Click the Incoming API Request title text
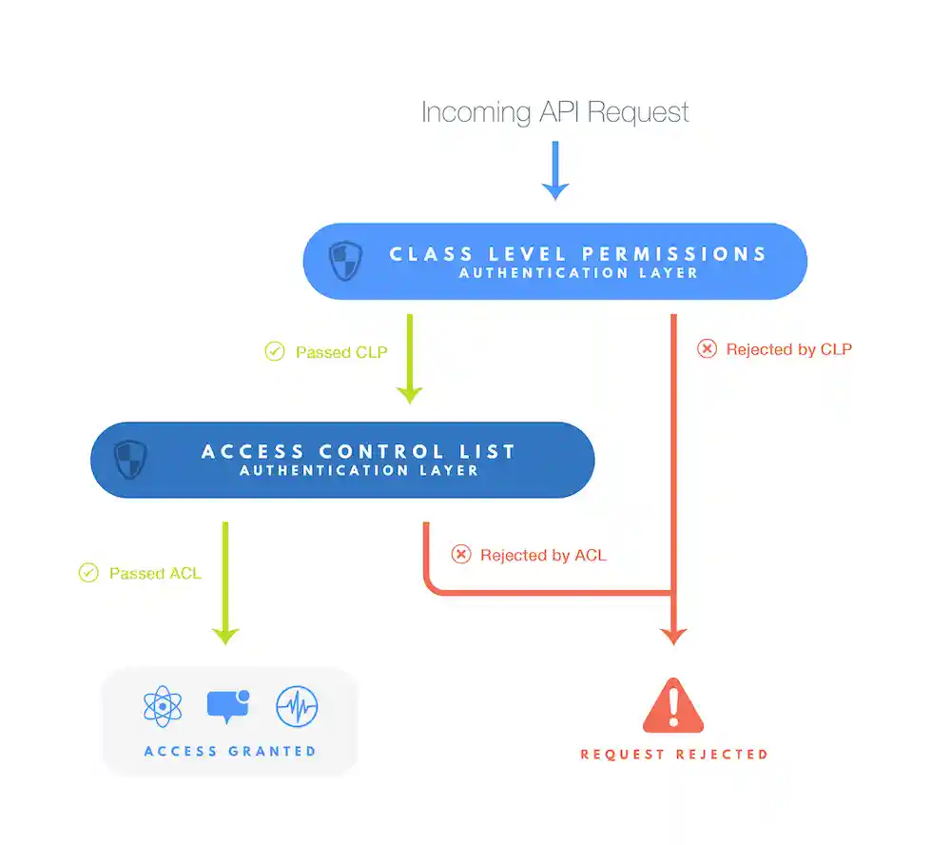point(554,112)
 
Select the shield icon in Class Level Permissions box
point(344,261)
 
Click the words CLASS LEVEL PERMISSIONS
point(578,254)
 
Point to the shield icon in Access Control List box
point(130,460)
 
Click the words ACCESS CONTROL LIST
point(359,451)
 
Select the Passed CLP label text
point(341,352)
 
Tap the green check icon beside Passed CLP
point(274,352)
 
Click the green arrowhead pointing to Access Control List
point(410,391)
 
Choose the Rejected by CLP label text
point(788,349)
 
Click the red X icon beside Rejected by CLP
point(707,349)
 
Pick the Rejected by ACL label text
point(543,555)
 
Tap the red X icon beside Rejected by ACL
point(461,555)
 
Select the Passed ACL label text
point(155,574)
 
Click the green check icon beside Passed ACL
point(88,573)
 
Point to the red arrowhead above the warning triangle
point(673,635)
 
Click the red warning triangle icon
point(673,706)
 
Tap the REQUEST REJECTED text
point(674,755)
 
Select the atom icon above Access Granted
point(163,707)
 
